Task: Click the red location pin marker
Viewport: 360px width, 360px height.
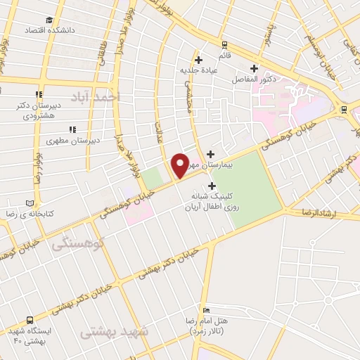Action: (x=180, y=165)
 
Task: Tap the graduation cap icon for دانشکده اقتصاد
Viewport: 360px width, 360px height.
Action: (x=49, y=20)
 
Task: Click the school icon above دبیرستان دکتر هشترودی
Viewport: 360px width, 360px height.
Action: (x=39, y=94)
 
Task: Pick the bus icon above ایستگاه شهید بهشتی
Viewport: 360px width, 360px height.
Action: (x=30, y=319)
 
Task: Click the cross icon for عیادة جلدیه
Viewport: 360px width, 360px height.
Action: (x=198, y=60)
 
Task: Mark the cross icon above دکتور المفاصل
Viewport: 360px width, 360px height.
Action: (x=254, y=69)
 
